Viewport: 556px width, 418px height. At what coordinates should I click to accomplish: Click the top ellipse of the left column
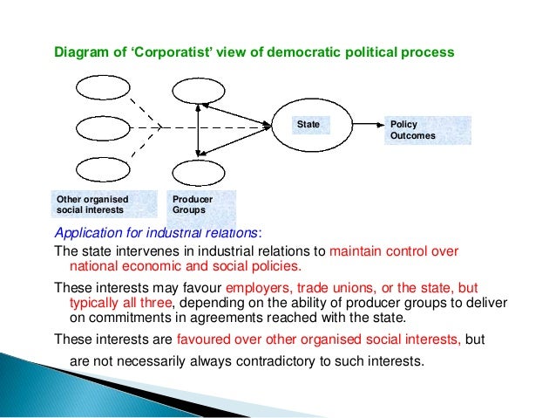[x=103, y=88]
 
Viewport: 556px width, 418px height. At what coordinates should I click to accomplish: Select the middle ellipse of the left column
[x=103, y=128]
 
